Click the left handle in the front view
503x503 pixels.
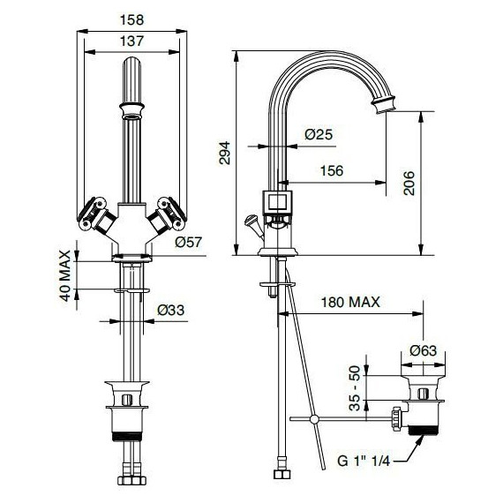(93, 214)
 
